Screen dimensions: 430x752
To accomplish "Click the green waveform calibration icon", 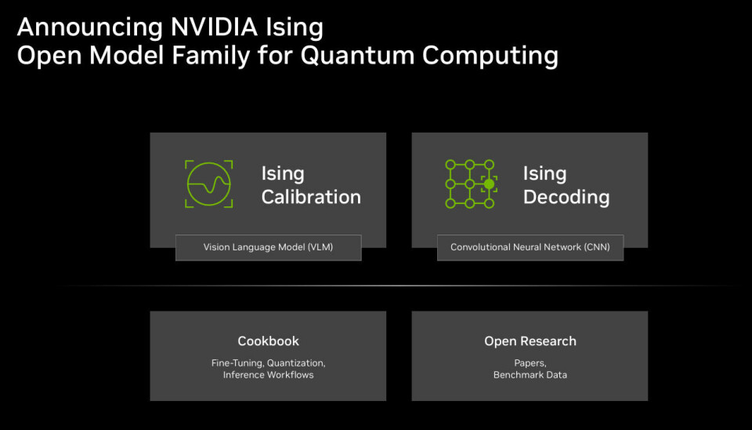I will pyautogui.click(x=209, y=184).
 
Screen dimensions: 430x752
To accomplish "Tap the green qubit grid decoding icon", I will pyautogui.click(x=470, y=184).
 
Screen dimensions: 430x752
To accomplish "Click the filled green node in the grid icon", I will pyautogui.click(x=490, y=184).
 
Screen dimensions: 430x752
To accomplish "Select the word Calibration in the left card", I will pyautogui.click(x=311, y=197).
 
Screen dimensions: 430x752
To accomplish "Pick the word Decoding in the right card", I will pyautogui.click(x=566, y=197).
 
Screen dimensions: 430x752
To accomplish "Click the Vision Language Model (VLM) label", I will pyautogui.click(x=268, y=247).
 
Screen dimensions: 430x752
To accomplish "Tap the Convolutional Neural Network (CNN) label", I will pyautogui.click(x=530, y=247).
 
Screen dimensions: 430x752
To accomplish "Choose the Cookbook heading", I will pyautogui.click(x=268, y=341).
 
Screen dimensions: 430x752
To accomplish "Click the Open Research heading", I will pyautogui.click(x=530, y=341).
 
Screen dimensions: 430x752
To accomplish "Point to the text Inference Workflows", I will pyautogui.click(x=268, y=375).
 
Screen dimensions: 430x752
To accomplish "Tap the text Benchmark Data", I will pyautogui.click(x=530, y=375).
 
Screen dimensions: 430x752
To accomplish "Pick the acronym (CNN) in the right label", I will pyautogui.click(x=592, y=247).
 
